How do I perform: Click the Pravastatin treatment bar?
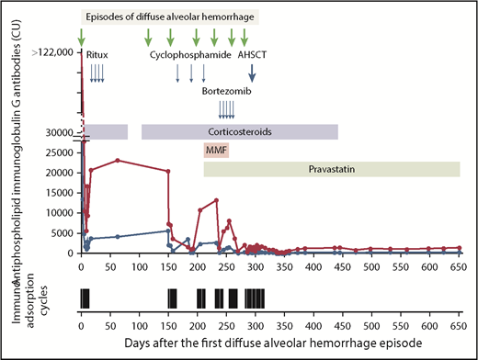coord(331,169)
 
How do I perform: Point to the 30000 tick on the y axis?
coord(58,133)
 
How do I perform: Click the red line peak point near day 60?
coord(117,160)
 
